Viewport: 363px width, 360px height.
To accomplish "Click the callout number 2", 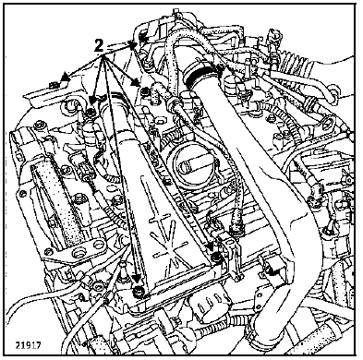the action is point(98,46).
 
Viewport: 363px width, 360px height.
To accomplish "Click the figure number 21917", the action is point(28,345).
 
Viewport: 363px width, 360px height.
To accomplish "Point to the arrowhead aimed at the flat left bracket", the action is point(65,77).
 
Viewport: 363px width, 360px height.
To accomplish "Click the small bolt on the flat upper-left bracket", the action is point(54,84).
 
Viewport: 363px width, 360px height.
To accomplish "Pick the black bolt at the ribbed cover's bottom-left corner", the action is point(139,290).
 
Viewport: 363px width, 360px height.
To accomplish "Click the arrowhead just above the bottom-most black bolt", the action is point(137,279).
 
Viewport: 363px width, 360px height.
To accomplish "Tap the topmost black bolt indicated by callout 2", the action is point(142,38).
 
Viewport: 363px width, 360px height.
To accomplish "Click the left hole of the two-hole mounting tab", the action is point(78,253).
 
